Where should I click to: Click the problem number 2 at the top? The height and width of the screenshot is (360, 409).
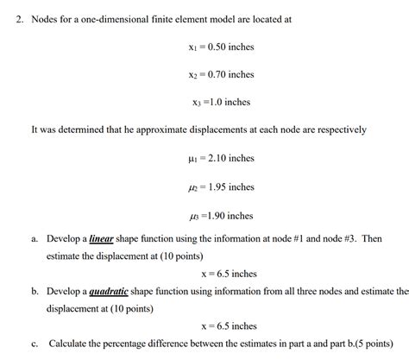pyautogui.click(x=18, y=18)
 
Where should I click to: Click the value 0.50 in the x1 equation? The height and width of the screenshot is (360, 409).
pyautogui.click(x=213, y=47)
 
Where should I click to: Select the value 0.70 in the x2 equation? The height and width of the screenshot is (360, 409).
pyautogui.click(x=213, y=74)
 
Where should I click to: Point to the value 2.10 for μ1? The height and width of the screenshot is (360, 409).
pyautogui.click(x=213, y=158)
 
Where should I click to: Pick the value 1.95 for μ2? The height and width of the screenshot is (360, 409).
pyautogui.click(x=213, y=186)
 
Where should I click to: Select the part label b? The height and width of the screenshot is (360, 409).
pyautogui.click(x=34, y=292)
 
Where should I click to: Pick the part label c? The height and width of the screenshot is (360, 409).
pyautogui.click(x=34, y=343)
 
